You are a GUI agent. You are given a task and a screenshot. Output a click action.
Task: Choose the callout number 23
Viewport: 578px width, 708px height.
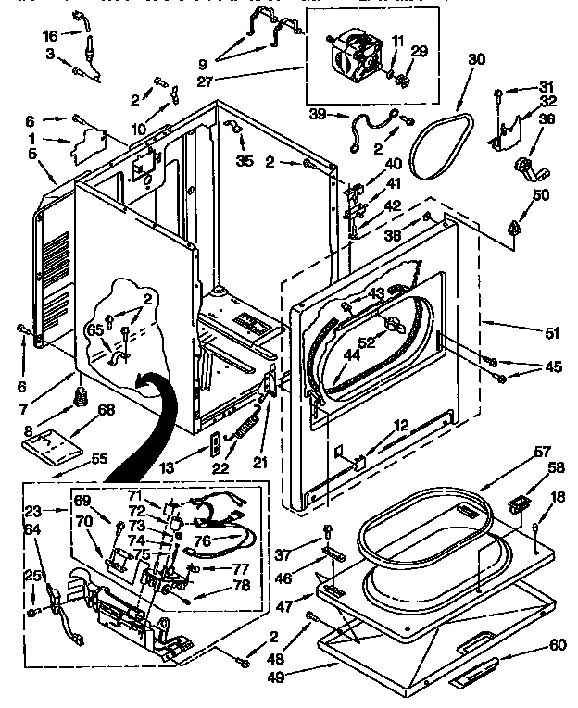32,509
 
